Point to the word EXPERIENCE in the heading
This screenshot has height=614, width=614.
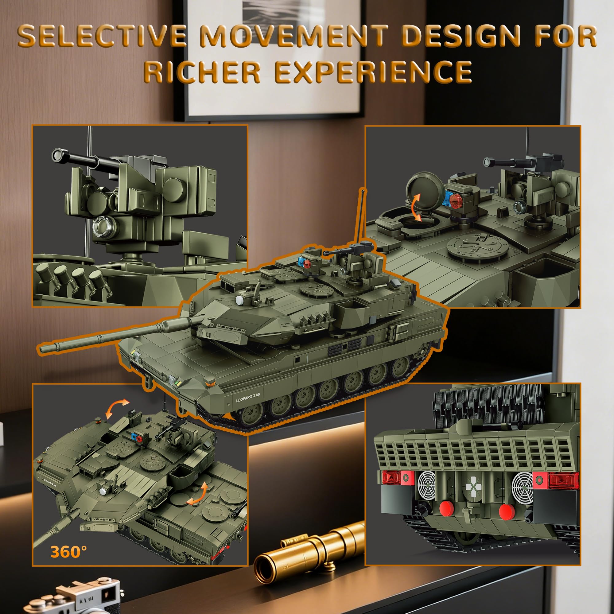pos(373,72)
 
